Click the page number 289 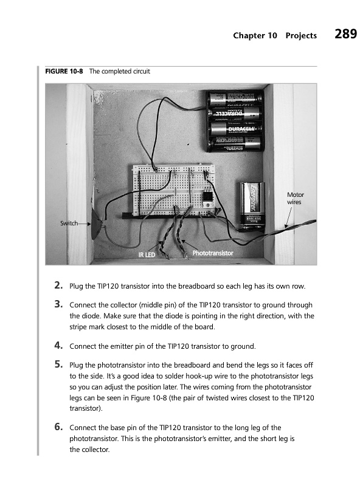click(x=346, y=34)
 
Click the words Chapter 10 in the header click(x=255, y=36)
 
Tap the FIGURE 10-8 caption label click(x=64, y=71)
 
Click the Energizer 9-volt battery click(x=252, y=207)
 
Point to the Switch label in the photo click(x=69, y=223)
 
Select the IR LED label click(x=147, y=255)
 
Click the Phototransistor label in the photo click(x=213, y=253)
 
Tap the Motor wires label click(x=295, y=199)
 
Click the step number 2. click(x=58, y=285)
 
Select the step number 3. click(x=58, y=304)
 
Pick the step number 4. click(x=58, y=345)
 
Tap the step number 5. click(x=58, y=364)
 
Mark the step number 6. click(x=58, y=427)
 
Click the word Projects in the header click(x=301, y=36)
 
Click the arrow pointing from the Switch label click(x=85, y=224)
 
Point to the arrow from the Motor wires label click(x=289, y=217)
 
